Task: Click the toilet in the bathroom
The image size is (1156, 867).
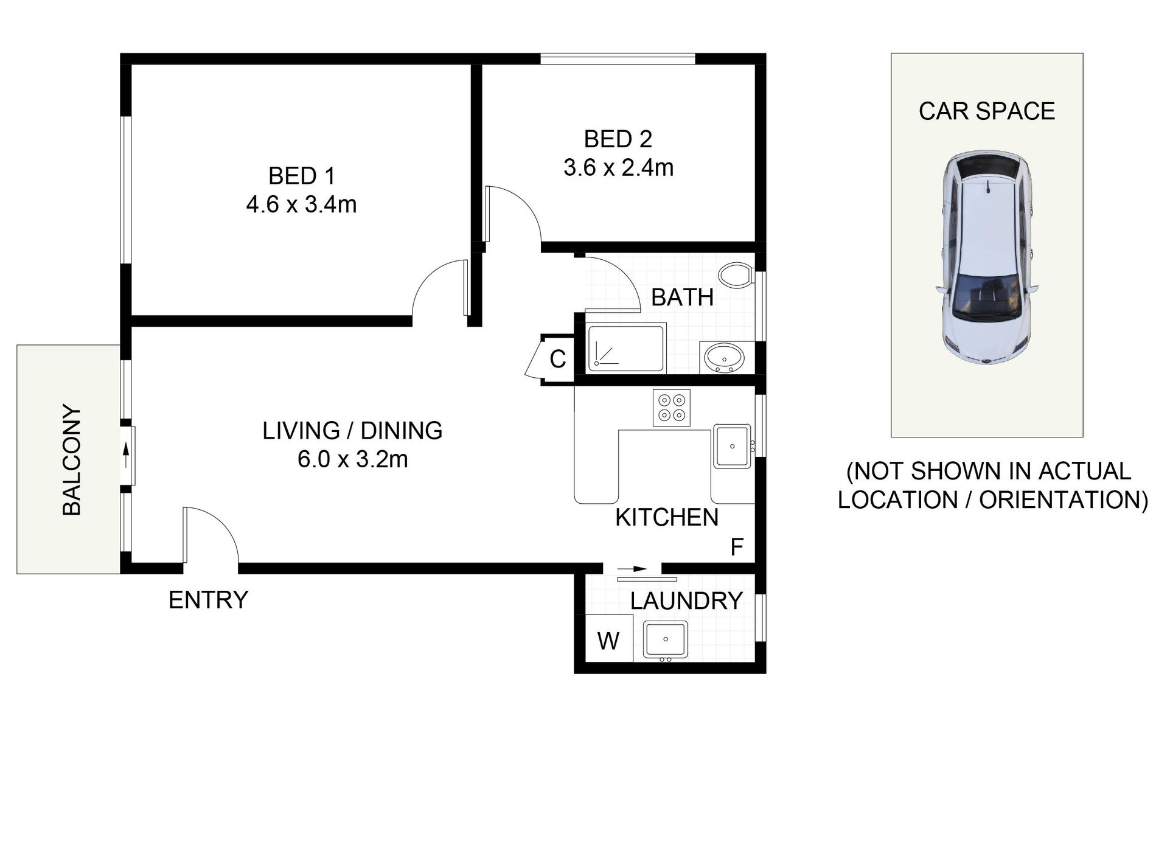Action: (736, 275)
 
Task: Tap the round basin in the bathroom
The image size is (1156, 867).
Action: (723, 357)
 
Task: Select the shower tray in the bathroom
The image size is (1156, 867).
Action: (627, 348)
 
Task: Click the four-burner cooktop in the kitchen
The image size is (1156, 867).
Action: (672, 408)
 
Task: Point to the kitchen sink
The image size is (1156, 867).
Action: (732, 446)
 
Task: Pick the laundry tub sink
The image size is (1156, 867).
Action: (666, 639)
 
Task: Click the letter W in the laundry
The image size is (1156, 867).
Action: (608, 641)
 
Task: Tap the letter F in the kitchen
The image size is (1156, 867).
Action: (737, 548)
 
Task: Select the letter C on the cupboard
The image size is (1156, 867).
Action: (558, 359)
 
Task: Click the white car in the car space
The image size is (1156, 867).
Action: (987, 258)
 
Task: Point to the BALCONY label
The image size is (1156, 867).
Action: (72, 460)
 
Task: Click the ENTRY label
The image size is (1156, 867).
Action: (208, 600)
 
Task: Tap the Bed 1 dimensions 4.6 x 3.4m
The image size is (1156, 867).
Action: (301, 204)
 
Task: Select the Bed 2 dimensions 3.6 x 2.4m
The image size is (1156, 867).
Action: (618, 167)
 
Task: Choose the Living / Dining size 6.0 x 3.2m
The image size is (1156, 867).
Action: (352, 459)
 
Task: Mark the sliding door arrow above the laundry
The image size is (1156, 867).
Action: (632, 569)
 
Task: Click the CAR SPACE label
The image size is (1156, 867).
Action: (987, 111)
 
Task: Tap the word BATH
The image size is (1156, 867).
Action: (682, 298)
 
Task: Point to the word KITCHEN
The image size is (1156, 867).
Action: (667, 517)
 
